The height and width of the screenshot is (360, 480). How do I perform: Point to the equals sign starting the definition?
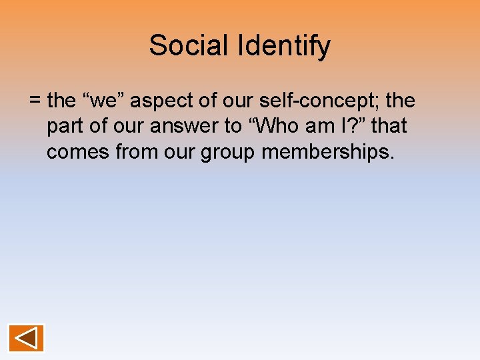pyautogui.click(x=35, y=101)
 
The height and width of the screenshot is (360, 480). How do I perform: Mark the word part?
pyautogui.click(x=66, y=127)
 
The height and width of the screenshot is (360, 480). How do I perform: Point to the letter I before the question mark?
pyautogui.click(x=352, y=127)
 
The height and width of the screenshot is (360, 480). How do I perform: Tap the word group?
pyautogui.click(x=228, y=152)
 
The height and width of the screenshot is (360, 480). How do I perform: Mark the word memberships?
pyautogui.click(x=328, y=152)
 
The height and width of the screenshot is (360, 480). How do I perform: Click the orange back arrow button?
pyautogui.click(x=26, y=338)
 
